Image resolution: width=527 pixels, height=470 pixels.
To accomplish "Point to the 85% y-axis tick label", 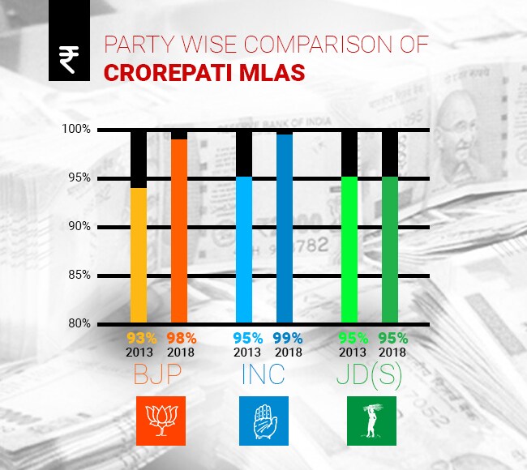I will coord(78,276).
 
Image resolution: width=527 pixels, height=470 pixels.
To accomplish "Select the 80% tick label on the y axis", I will coord(78,324).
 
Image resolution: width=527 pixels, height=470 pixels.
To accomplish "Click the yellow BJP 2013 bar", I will coord(139,255).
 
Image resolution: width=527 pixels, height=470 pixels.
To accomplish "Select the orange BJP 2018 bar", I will coord(179,231).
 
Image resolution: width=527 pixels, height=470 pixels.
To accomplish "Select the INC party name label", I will coord(264,377).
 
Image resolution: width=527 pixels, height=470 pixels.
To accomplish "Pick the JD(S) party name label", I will coord(370,377).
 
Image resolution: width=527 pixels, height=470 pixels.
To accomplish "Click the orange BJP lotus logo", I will coord(160,421).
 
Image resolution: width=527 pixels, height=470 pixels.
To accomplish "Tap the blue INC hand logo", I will coord(264,421).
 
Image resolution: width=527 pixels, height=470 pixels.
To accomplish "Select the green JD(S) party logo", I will coord(371,421).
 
